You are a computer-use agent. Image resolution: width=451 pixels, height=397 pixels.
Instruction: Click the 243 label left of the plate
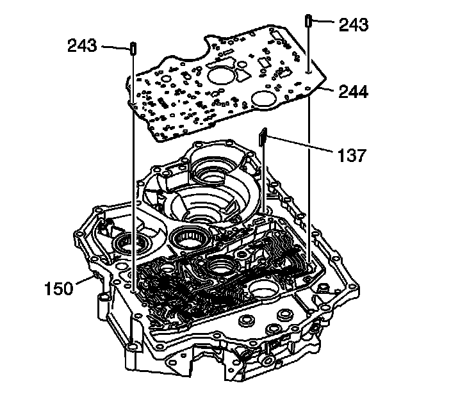(x=82, y=46)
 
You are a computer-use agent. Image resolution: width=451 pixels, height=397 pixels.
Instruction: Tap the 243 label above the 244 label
(x=354, y=25)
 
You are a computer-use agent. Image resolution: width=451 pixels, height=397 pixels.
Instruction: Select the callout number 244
(x=354, y=92)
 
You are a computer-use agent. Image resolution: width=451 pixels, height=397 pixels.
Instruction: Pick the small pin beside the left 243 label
(x=133, y=48)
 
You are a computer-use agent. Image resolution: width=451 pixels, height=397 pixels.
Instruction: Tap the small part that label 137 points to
(x=262, y=136)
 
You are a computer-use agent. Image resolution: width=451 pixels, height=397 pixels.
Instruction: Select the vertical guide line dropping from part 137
(x=264, y=179)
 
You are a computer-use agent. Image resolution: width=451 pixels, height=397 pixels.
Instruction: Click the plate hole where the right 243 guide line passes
(x=309, y=74)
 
